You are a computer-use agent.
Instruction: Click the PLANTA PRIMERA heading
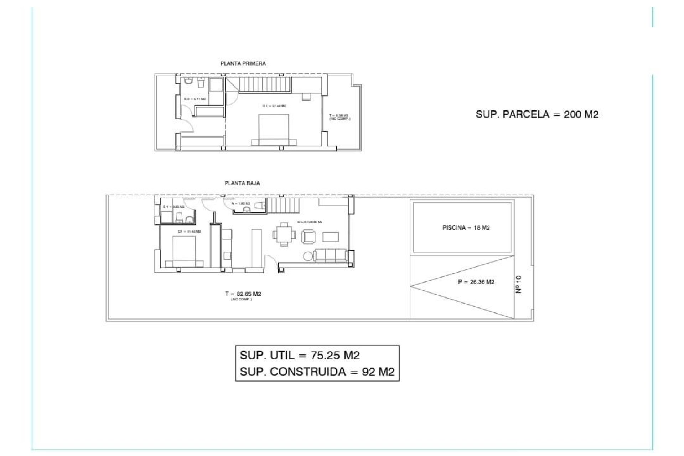tap(243, 63)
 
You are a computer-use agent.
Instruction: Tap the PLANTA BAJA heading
tap(242, 183)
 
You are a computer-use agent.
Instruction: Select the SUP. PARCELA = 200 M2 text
tap(537, 114)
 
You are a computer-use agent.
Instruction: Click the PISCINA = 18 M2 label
tap(466, 228)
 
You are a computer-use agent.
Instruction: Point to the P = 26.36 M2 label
tap(476, 282)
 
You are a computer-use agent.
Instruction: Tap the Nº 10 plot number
tap(519, 284)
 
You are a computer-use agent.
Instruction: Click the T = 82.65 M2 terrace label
tap(243, 294)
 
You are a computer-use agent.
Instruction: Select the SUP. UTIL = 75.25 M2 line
tap(300, 355)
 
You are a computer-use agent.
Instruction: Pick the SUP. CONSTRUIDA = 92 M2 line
tap(317, 372)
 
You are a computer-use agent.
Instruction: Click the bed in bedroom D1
tap(184, 251)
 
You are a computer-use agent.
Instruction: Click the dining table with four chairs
tap(284, 234)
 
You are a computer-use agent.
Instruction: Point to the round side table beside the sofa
tap(308, 256)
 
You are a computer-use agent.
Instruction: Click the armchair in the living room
tap(309, 236)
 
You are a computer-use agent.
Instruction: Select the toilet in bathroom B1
tap(180, 217)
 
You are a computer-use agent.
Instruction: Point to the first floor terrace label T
tap(339, 117)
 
